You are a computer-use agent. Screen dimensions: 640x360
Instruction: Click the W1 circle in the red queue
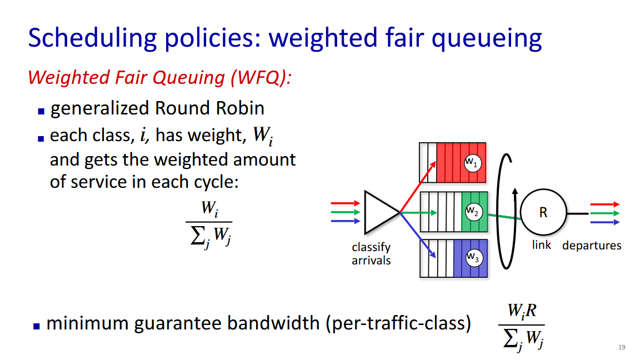click(473, 163)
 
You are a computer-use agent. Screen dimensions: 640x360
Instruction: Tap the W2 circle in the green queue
click(474, 212)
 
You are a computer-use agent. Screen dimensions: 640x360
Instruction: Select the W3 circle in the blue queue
click(474, 258)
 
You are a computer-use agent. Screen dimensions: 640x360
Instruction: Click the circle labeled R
click(543, 212)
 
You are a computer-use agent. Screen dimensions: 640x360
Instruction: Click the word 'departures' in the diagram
click(592, 246)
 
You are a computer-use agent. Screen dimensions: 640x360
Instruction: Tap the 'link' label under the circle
click(542, 244)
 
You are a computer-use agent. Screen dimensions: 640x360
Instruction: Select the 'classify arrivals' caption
click(371, 253)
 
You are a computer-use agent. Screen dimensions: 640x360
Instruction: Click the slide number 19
click(622, 347)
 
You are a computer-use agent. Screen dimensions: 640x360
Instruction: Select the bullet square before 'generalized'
click(41, 111)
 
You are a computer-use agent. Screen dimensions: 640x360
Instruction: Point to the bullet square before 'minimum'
click(37, 326)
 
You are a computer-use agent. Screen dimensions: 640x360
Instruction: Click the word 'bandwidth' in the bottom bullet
click(273, 323)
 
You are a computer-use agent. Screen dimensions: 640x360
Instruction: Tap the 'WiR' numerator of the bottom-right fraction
click(522, 312)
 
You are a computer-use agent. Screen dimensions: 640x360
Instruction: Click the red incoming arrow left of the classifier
click(346, 203)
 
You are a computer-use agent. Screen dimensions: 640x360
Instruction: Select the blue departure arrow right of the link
click(605, 222)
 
